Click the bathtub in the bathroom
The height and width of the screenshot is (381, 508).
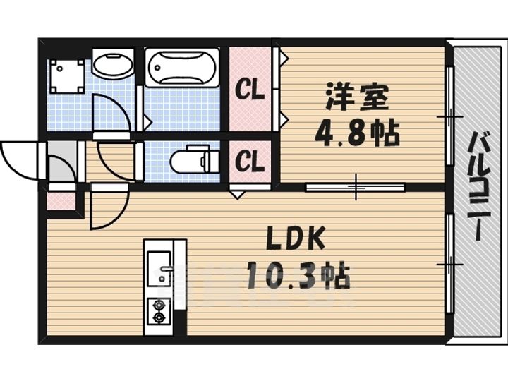pyautogui.click(x=181, y=68)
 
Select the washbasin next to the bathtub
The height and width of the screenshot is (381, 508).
pyautogui.click(x=112, y=66)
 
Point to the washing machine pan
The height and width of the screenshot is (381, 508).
pyautogui.click(x=67, y=75)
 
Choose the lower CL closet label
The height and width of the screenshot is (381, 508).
pyautogui.click(x=250, y=162)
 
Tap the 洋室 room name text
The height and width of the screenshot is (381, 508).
pyautogui.click(x=356, y=97)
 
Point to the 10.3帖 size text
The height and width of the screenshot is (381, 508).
pyautogui.click(x=297, y=275)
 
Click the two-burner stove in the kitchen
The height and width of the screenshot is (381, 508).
pyautogui.click(x=158, y=311)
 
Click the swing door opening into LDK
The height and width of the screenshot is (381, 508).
pyautogui.click(x=107, y=207)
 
